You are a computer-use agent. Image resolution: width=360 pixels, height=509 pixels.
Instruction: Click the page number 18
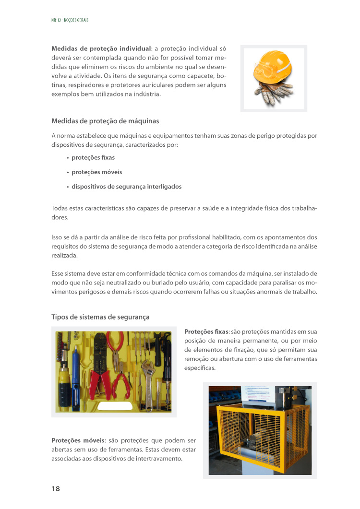[x=56, y=488]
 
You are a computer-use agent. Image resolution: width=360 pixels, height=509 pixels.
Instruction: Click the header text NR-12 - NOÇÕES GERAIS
[x=70, y=20]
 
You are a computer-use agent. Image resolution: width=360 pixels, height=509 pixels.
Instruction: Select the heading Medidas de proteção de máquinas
[x=105, y=120]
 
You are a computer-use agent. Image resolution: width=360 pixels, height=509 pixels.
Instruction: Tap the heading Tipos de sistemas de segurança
[x=100, y=317]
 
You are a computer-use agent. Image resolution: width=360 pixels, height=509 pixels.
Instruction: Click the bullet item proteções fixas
[x=93, y=157]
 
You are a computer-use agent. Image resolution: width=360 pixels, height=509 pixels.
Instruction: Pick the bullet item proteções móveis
[x=96, y=172]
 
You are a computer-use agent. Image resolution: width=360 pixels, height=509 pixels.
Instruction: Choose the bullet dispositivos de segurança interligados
[x=126, y=186]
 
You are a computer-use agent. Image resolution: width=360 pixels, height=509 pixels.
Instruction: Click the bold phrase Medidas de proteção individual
[x=101, y=48]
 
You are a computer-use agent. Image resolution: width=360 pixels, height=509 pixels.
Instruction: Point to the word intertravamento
[x=159, y=458]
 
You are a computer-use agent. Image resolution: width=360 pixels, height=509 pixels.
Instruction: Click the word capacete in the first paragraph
[x=197, y=76]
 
